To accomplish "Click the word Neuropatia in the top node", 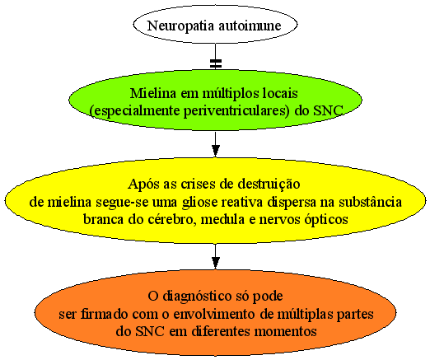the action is tap(180, 26).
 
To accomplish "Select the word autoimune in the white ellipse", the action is tap(250, 26).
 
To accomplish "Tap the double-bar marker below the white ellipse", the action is tap(216, 63).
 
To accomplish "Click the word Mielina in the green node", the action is tap(153, 93).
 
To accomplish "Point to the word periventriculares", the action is tap(236, 111).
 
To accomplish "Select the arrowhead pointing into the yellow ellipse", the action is tap(216, 151).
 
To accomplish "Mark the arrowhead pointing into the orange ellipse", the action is tap(216, 263).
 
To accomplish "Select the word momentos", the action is tap(285, 332).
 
